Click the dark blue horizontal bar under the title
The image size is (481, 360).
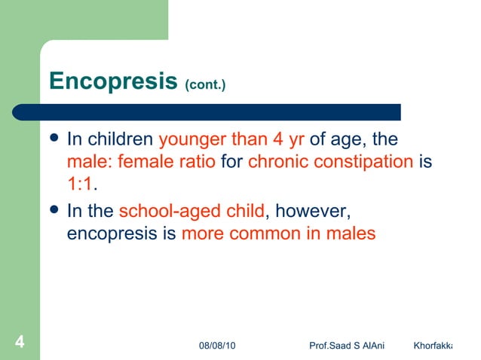(x=219, y=111)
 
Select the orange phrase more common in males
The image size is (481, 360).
(x=278, y=233)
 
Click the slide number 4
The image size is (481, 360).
(x=20, y=343)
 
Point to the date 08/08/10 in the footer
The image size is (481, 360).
(x=216, y=345)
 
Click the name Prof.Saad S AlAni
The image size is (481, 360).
(x=347, y=345)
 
